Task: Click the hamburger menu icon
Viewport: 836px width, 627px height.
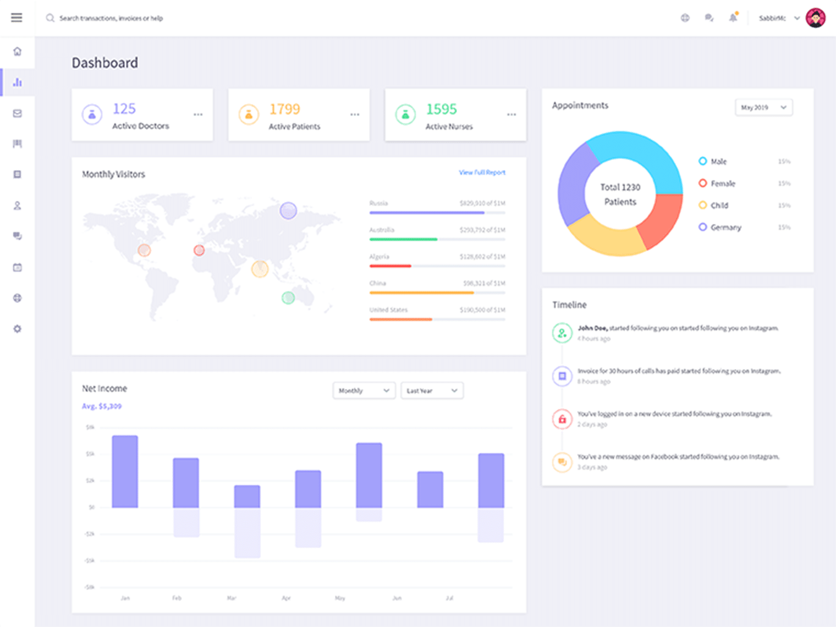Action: (16, 18)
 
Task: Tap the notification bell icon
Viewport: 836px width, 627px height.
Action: (733, 18)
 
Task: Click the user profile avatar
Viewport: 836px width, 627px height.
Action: (815, 18)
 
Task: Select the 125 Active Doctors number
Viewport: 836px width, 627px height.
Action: (124, 109)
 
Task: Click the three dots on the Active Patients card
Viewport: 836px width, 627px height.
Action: (355, 114)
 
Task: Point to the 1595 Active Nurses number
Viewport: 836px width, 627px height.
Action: (442, 109)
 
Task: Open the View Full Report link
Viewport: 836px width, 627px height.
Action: (482, 172)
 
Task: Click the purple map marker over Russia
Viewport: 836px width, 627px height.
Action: (288, 210)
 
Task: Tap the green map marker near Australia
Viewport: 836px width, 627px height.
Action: (288, 298)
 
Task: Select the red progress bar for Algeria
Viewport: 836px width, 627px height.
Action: (391, 266)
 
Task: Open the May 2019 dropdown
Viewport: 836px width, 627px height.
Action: (763, 107)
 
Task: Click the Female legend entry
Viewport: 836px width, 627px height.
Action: (722, 183)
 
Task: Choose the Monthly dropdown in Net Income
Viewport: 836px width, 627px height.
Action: (364, 391)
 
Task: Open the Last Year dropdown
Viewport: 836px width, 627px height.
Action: (432, 391)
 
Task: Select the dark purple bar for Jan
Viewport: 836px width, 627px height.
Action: (125, 471)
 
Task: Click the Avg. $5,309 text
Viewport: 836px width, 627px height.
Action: (102, 406)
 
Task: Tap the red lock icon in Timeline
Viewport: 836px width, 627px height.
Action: (562, 419)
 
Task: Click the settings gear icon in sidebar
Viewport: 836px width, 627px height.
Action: (17, 329)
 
